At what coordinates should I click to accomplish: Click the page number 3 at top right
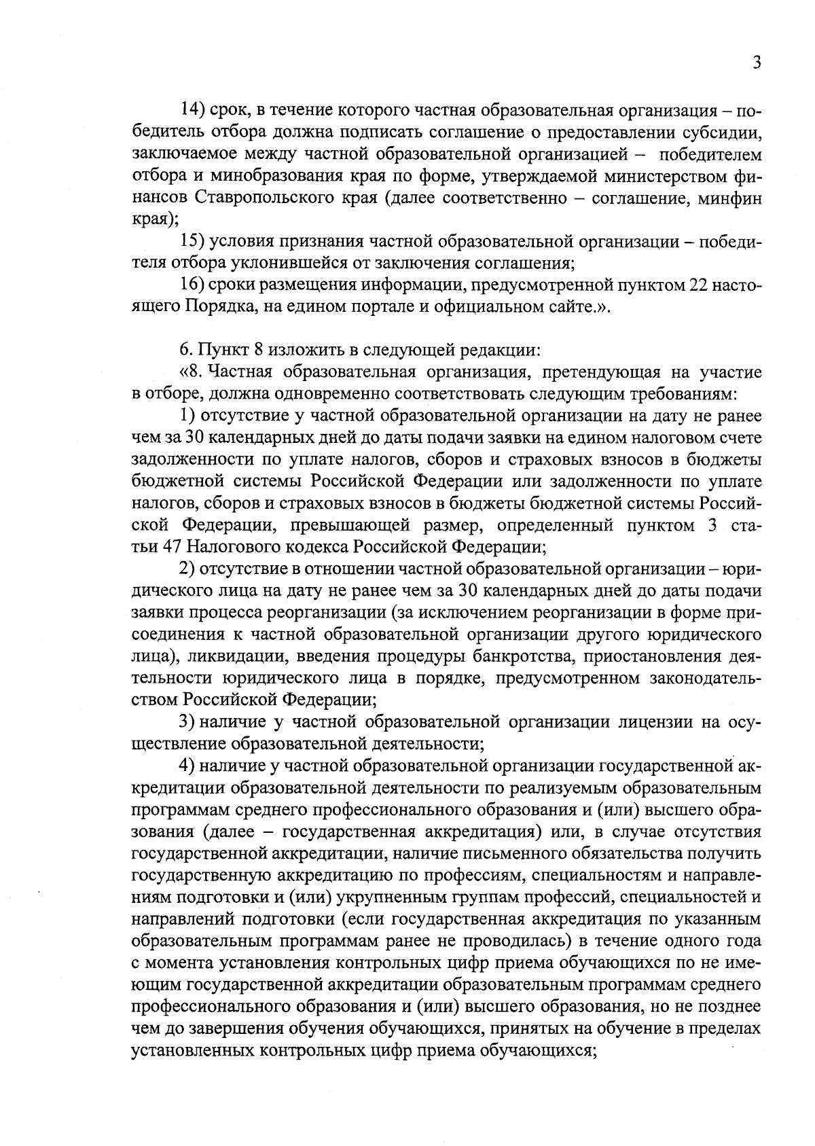point(756,63)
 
